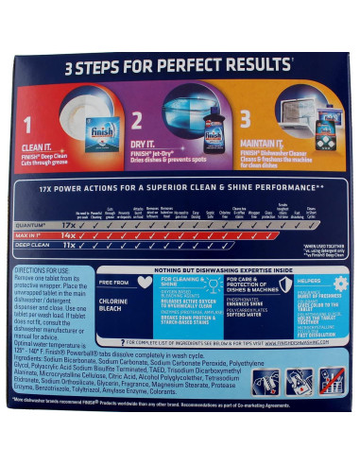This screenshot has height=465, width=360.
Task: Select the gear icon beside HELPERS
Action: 342,283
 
